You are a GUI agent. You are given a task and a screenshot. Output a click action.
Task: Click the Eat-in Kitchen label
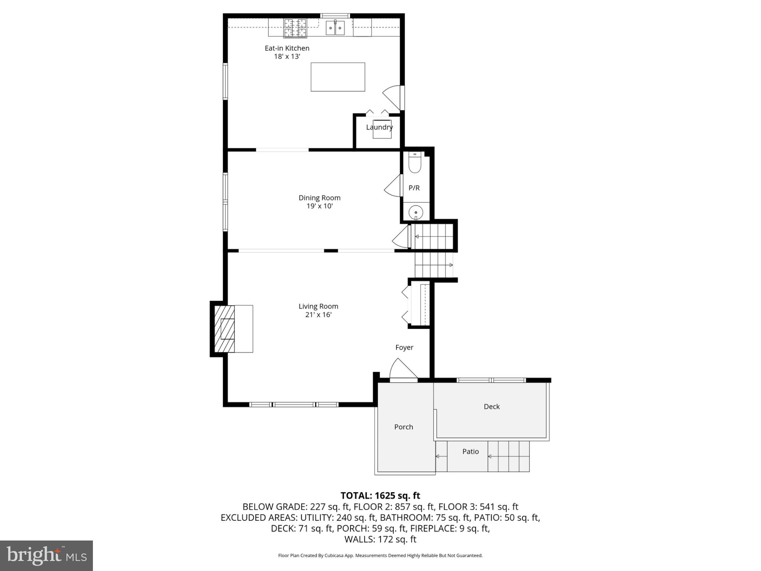(x=286, y=48)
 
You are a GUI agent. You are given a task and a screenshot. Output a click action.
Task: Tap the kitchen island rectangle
(x=337, y=77)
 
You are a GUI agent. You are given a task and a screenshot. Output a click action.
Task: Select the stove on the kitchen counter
(x=295, y=28)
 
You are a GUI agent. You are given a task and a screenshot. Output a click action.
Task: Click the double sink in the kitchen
(x=335, y=28)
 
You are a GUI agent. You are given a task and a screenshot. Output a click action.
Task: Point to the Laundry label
(x=379, y=127)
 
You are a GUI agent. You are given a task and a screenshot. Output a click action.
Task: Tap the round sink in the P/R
(x=415, y=213)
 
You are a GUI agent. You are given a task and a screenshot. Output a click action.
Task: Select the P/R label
(x=414, y=188)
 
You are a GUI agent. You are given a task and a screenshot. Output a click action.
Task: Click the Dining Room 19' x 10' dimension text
(x=319, y=206)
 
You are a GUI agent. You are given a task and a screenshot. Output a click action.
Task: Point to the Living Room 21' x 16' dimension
(x=318, y=314)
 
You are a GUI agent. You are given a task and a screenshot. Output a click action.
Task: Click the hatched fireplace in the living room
(x=224, y=329)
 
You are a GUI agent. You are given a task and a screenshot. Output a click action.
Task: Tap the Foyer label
(x=404, y=348)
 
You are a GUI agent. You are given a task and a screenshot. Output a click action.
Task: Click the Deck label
(x=491, y=407)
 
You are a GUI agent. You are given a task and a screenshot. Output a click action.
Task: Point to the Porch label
(x=404, y=427)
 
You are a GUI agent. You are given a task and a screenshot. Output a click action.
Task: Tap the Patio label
(x=470, y=452)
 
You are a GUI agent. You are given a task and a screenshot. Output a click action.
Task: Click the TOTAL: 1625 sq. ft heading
(x=380, y=496)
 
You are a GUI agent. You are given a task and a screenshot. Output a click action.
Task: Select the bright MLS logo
(x=46, y=555)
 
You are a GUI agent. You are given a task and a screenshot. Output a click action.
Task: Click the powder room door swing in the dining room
(x=393, y=186)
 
